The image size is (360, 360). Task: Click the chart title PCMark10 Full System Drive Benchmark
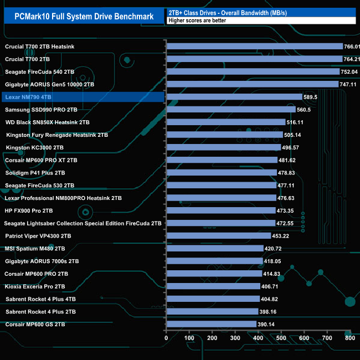pos(84,17)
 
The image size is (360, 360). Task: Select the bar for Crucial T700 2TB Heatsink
pos(255,47)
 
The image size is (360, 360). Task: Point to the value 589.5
pos(311,97)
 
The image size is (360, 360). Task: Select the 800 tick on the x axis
pos(349,338)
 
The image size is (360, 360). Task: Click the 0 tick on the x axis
pos(166,338)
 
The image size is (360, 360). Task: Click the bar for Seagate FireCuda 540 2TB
pos(253,71)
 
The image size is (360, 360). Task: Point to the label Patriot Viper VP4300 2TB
pos(38,235)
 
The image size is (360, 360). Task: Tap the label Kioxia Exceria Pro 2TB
pos(35,286)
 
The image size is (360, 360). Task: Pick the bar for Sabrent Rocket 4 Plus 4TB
pos(213,299)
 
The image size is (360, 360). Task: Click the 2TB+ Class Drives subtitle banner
pos(260,12)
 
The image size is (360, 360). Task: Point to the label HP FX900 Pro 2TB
pos(29,210)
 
